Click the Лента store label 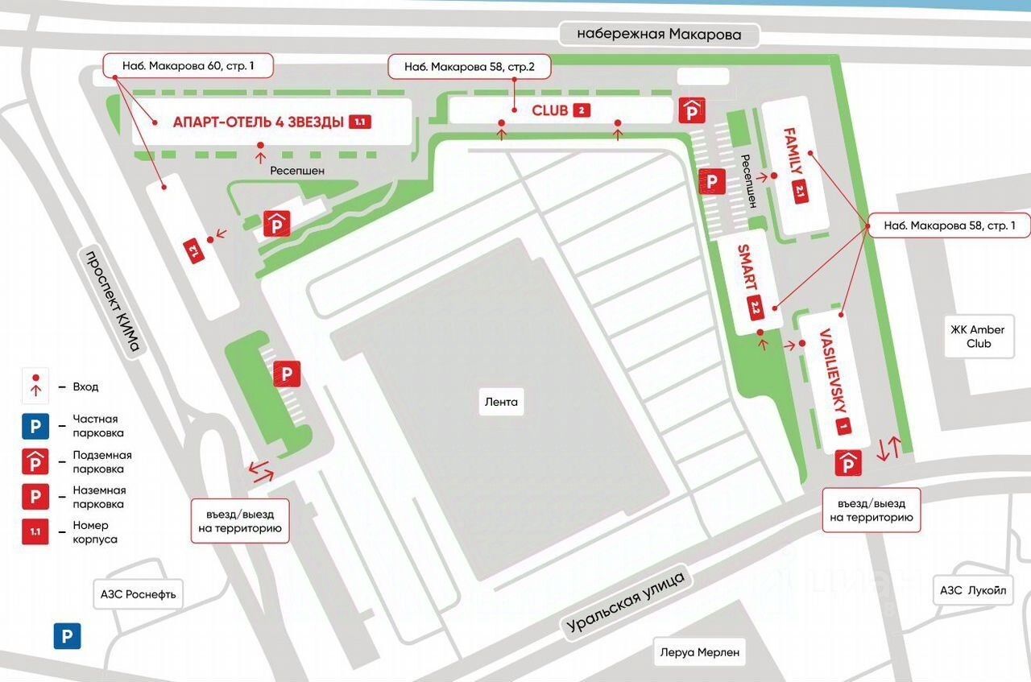tap(501, 402)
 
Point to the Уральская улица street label tap(625, 601)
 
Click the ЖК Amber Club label tap(978, 337)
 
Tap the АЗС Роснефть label tap(138, 595)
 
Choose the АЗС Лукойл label tap(973, 590)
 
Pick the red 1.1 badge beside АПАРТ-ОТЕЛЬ tap(358, 122)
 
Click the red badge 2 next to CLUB tap(582, 110)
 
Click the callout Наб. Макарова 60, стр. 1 tap(188, 65)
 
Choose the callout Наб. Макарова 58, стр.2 tap(470, 67)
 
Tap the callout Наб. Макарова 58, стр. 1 tap(950, 226)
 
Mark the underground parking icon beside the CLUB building tap(693, 110)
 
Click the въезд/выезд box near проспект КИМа tap(238, 521)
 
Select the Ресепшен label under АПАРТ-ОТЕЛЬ tap(297, 171)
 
